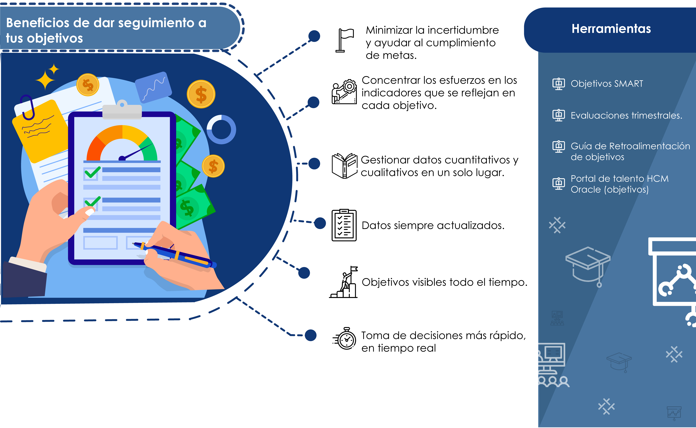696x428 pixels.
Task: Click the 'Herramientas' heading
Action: [611, 29]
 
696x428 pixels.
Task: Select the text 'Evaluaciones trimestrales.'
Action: [626, 115]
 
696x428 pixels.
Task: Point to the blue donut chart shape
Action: [221, 129]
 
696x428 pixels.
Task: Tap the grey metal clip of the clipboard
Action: [122, 110]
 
